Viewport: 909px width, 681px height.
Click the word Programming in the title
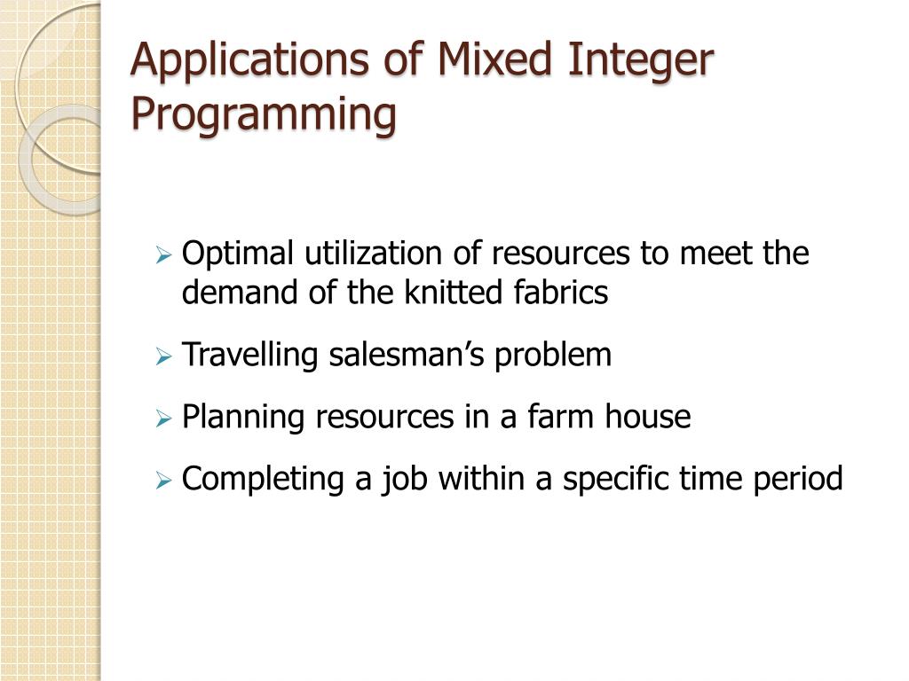pyautogui.click(x=264, y=116)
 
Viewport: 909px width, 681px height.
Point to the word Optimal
pyautogui.click(x=237, y=254)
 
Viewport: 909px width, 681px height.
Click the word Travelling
pyautogui.click(x=251, y=356)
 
